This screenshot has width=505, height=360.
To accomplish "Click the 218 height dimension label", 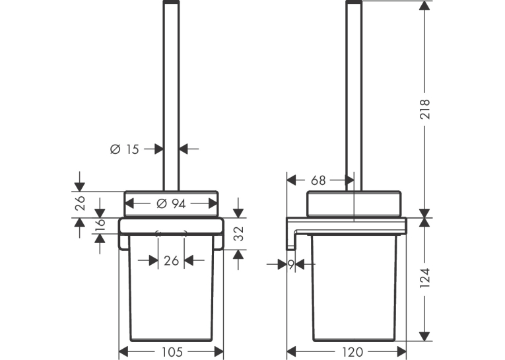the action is pyautogui.click(x=425, y=109).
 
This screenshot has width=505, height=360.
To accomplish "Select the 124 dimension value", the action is pyautogui.click(x=425, y=278).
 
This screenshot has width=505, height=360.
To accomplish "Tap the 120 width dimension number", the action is pyautogui.click(x=353, y=351).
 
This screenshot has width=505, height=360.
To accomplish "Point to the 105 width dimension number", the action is pyautogui.click(x=172, y=351).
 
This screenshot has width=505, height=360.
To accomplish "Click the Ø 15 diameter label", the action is pyautogui.click(x=124, y=149).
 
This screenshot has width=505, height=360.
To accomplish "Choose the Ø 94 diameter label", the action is pyautogui.click(x=171, y=203).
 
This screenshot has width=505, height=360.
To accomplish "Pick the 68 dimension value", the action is pyautogui.click(x=318, y=180).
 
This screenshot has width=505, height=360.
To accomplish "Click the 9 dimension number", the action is pyautogui.click(x=291, y=265).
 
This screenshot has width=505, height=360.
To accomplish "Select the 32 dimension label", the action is pyautogui.click(x=239, y=234).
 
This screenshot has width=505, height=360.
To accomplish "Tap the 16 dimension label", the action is pyautogui.click(x=100, y=225).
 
